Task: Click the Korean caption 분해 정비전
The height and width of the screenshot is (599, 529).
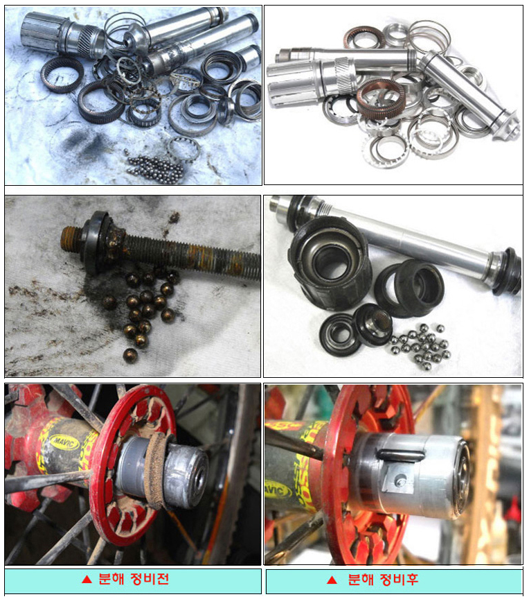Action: pos(134,579)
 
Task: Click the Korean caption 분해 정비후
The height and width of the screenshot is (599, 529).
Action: pos(383,580)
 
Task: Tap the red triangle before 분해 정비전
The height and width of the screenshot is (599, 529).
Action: pos(87,580)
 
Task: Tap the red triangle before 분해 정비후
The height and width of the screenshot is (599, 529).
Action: pos(332,580)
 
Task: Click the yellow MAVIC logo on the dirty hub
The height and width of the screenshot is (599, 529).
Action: pos(65,442)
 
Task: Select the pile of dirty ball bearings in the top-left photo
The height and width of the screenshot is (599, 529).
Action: pos(155,168)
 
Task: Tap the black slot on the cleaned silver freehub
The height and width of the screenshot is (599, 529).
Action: pos(400,455)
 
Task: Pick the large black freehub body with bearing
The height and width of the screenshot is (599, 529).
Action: pos(329,263)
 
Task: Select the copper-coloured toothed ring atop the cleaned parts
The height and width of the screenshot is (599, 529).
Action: pos(381,98)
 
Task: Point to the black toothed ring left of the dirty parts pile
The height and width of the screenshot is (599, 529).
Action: pos(62,74)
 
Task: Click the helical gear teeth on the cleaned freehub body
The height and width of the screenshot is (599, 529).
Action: pos(346,73)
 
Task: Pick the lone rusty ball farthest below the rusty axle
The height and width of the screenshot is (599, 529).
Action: pos(130,355)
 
